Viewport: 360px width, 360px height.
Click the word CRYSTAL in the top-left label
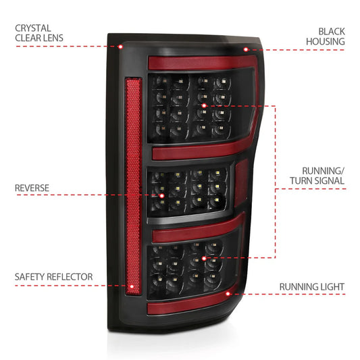(33, 28)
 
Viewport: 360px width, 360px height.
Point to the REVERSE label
(32, 186)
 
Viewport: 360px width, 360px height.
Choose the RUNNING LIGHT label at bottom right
(311, 287)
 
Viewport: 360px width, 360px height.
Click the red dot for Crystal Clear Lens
(121, 47)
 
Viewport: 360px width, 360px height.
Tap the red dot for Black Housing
(245, 49)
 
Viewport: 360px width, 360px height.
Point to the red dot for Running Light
(229, 294)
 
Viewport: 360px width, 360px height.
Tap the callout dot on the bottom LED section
(204, 258)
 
